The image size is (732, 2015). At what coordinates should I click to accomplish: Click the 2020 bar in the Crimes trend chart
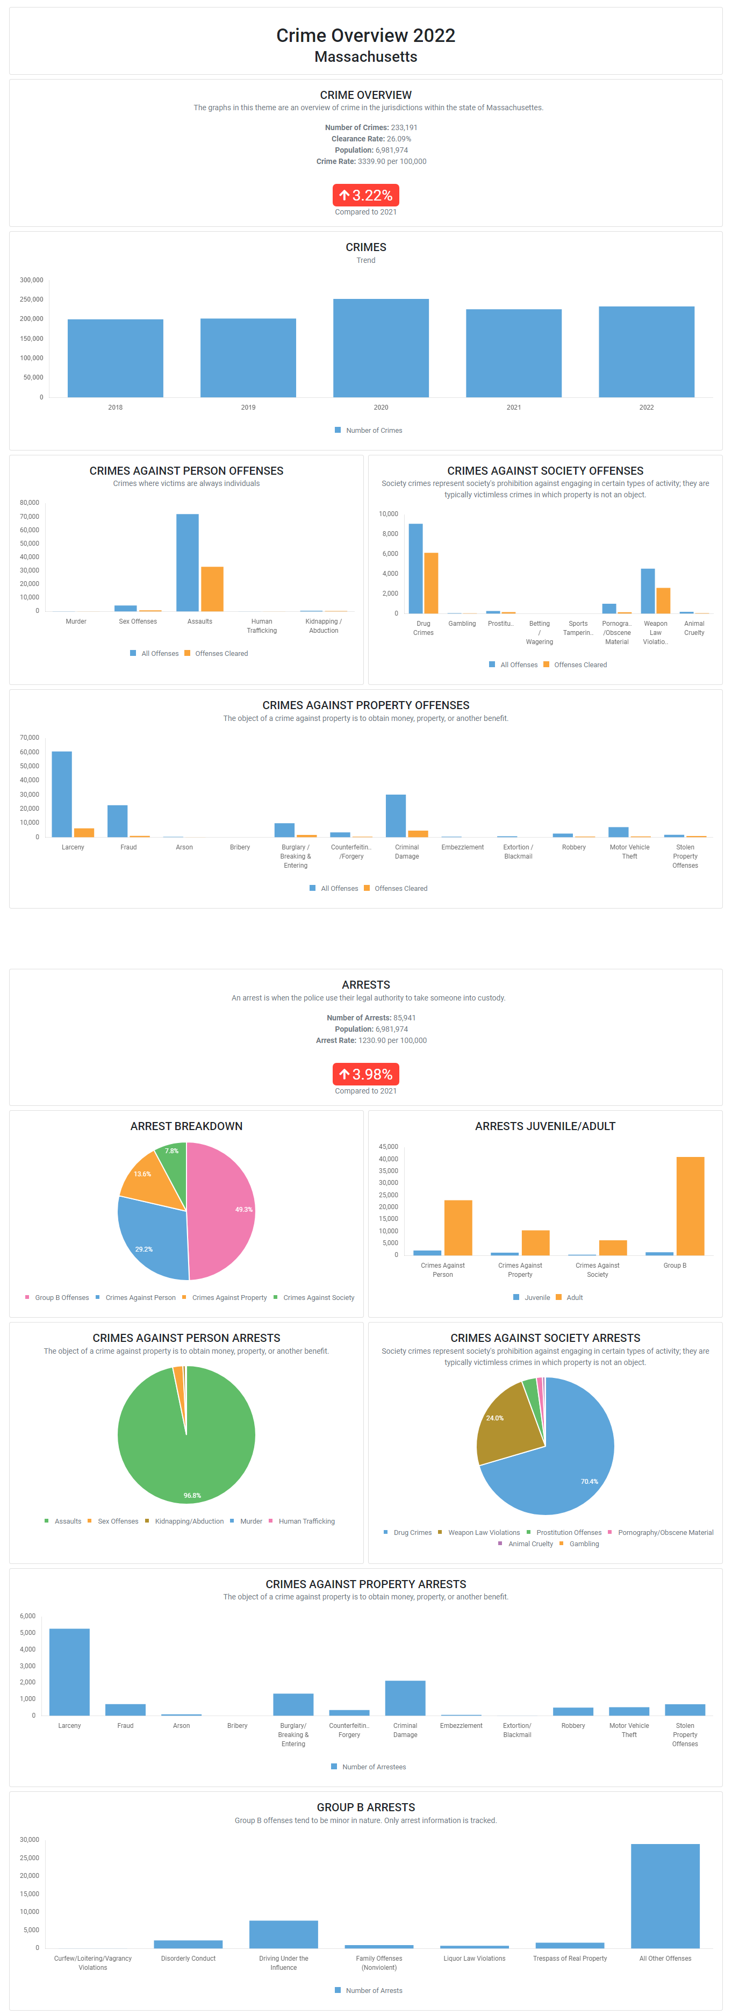coord(381,348)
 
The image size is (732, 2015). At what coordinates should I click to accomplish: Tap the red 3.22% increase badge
coord(365,195)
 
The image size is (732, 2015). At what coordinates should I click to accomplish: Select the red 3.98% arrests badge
coord(365,1074)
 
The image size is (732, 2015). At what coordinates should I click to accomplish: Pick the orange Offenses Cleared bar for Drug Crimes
coord(431,583)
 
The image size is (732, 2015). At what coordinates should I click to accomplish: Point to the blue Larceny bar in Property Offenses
coord(62,794)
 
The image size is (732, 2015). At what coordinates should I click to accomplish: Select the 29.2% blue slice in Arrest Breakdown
coord(153,1240)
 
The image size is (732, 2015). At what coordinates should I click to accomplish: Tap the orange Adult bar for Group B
coord(690,1205)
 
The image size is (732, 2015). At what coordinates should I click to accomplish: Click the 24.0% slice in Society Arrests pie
coord(505,1423)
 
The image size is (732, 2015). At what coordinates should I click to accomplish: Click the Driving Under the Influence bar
coord(283,1934)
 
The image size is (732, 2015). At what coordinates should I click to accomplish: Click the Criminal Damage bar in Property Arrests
coord(405,1697)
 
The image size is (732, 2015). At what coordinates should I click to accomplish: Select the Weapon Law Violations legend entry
coord(483,1532)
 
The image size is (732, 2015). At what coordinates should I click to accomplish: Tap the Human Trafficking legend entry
coord(306,1521)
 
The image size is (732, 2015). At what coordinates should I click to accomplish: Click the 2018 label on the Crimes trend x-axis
coord(115,408)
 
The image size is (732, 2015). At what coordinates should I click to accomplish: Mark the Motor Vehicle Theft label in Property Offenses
coord(629,852)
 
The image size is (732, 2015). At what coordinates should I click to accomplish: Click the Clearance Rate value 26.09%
coord(399,139)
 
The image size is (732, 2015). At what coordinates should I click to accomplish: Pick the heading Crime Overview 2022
coord(365,35)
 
